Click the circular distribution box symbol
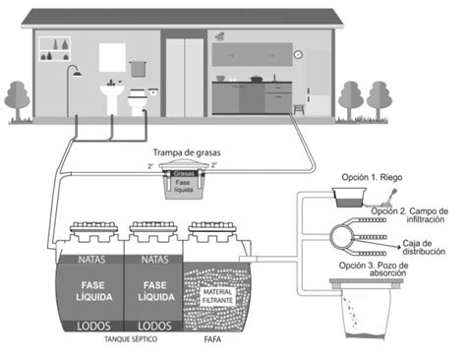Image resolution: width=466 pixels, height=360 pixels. (346, 235)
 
